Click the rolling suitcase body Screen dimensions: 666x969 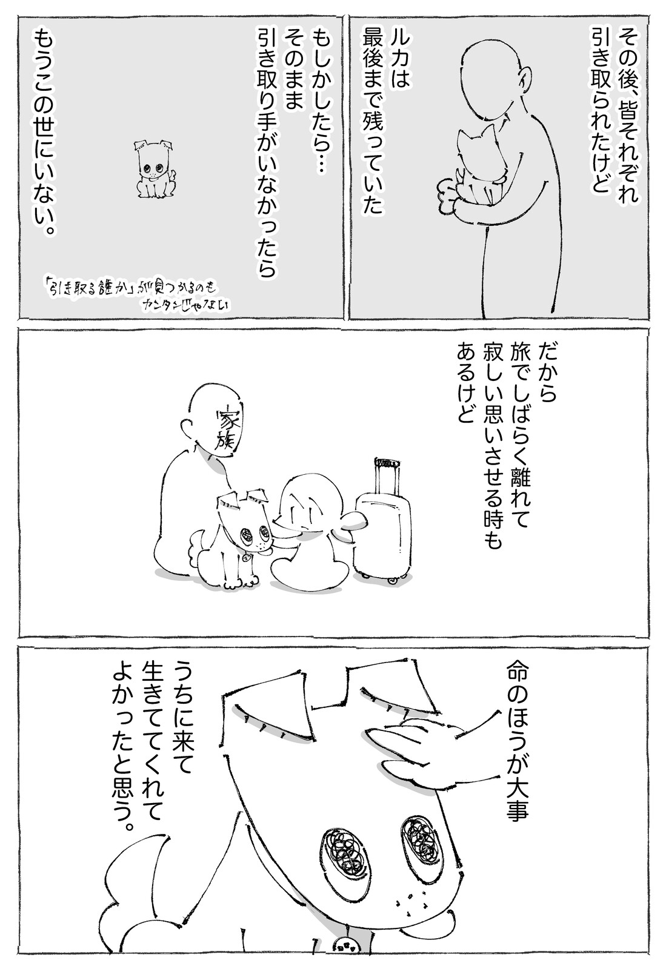[382, 538]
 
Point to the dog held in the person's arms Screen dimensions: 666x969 [478, 165]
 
